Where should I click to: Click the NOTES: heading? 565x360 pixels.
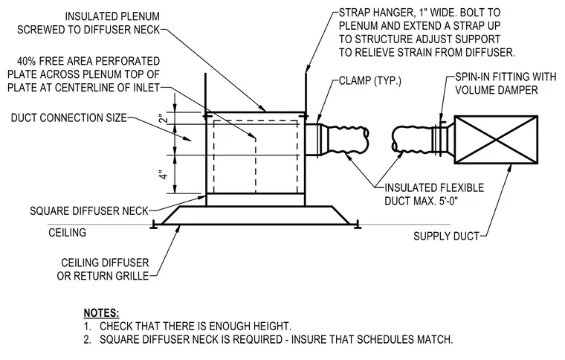[x=101, y=313]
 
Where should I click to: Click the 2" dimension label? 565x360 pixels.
[x=164, y=118]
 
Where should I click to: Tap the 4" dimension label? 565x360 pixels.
[x=164, y=175]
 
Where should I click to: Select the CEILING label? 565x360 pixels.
[x=68, y=232]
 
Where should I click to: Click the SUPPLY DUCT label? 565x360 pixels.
[x=446, y=237]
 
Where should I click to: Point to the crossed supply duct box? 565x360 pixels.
[x=496, y=139]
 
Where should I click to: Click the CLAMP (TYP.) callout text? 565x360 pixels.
[x=370, y=81]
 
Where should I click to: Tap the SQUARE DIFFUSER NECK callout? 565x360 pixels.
[x=89, y=210]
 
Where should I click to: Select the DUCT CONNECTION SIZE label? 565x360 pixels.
[x=69, y=118]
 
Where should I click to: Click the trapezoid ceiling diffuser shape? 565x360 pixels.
[x=256, y=216]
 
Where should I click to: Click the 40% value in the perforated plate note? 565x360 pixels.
[x=26, y=61]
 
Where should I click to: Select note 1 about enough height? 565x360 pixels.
[x=187, y=326]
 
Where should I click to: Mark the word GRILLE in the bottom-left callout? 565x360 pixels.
[x=132, y=276]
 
